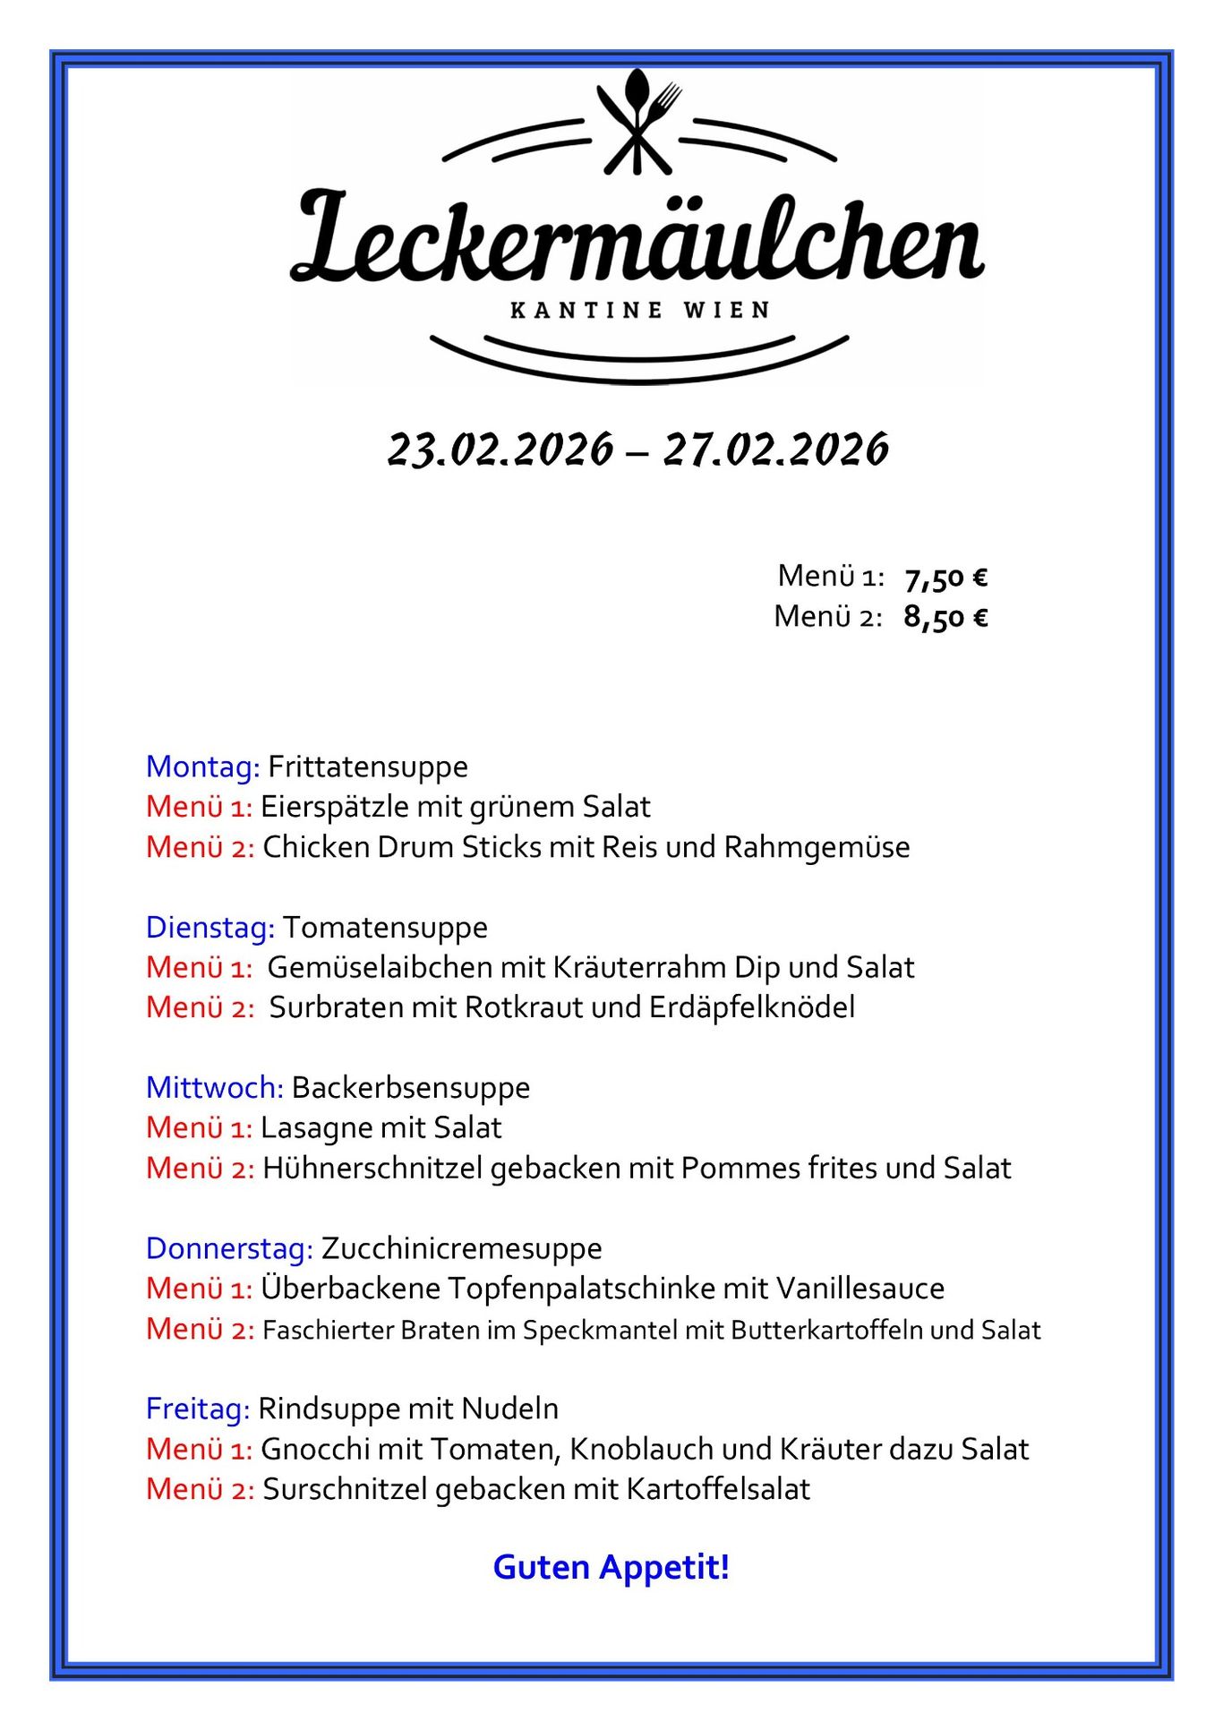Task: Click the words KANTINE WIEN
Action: (x=639, y=311)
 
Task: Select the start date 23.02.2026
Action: (x=500, y=449)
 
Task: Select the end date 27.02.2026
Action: (x=775, y=449)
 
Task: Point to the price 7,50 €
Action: (x=945, y=578)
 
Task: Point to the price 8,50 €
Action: (x=945, y=617)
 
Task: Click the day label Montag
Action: (x=202, y=767)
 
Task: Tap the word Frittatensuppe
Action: (x=368, y=767)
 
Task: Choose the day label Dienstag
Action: (x=210, y=928)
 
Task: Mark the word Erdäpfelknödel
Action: (x=752, y=1008)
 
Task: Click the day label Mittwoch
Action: (x=214, y=1088)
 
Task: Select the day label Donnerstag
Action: (x=229, y=1248)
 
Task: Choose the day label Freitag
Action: (x=197, y=1409)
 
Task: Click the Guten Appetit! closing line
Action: (x=611, y=1567)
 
